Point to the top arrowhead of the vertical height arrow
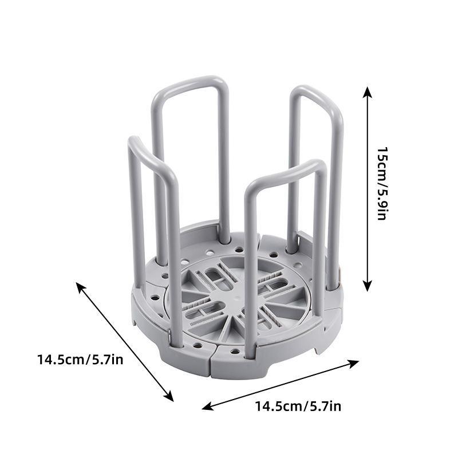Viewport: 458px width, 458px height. [368, 90]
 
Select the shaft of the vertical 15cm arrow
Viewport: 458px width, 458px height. [368, 189]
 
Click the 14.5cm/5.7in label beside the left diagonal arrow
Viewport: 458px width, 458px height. [80, 360]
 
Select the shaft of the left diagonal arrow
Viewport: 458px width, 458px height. [125, 341]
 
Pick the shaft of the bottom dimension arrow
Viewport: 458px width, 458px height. [281, 385]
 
